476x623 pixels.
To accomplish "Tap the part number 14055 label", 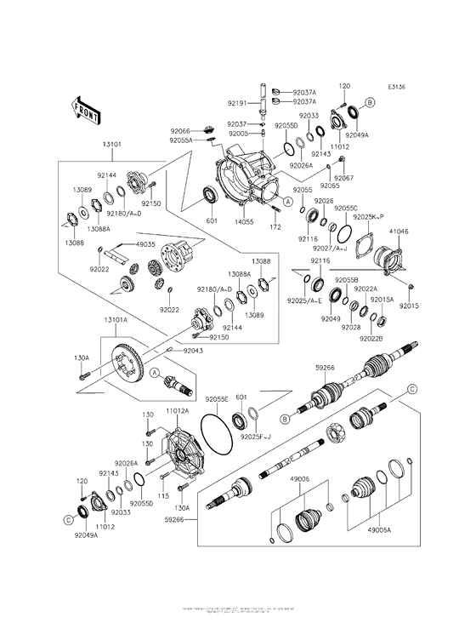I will coord(244,221).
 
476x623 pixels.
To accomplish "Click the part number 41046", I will coord(399,231).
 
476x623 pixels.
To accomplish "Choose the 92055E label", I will coord(216,397).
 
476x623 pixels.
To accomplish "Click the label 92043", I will coord(192,350).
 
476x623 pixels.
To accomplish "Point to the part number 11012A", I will coord(177,411).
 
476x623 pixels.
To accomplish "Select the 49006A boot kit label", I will coord(380,528).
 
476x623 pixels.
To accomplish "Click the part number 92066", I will coord(179,131).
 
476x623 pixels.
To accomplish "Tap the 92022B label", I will coord(371,339).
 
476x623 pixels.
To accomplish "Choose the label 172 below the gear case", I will coord(275,228).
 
